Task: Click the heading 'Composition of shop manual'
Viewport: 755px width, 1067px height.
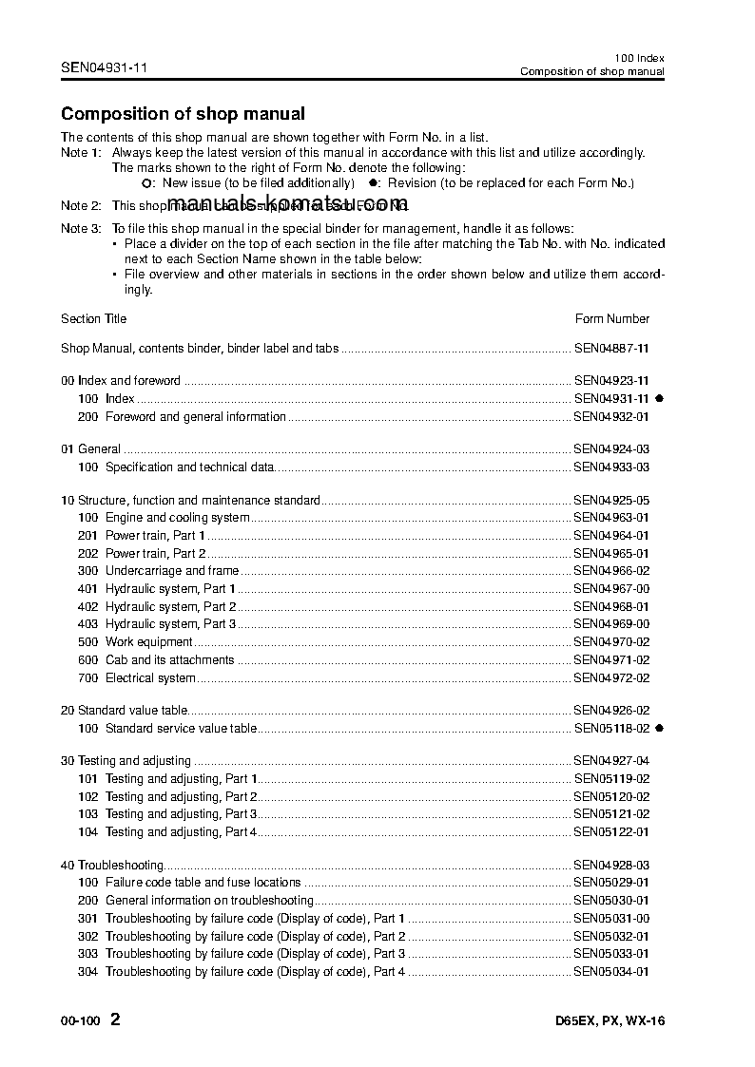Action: [183, 114]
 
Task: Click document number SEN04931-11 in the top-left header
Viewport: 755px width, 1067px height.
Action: [104, 67]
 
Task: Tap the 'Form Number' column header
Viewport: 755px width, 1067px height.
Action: [612, 319]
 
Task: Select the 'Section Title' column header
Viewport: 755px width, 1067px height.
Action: [93, 319]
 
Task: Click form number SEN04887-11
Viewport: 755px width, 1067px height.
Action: [611, 349]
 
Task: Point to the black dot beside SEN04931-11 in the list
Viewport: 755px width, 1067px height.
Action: [658, 399]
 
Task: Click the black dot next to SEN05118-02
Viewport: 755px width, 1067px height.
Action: [658, 729]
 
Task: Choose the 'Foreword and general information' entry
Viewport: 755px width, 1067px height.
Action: [195, 417]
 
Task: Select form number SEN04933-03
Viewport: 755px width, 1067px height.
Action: [611, 467]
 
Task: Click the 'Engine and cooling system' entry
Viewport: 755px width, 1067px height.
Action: [177, 518]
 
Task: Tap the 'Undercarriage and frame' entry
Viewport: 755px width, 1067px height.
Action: [171, 571]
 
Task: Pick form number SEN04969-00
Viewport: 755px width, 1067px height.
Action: [611, 624]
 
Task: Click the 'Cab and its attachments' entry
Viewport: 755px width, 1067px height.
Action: [169, 660]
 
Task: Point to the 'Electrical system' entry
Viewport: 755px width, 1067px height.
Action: [150, 678]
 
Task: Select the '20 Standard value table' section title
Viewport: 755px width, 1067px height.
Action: [125, 711]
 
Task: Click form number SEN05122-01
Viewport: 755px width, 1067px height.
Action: [611, 832]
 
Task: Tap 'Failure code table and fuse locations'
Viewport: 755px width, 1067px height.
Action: [203, 883]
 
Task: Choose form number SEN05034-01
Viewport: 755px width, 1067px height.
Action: [611, 972]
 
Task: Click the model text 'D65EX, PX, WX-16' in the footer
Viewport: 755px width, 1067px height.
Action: [610, 1022]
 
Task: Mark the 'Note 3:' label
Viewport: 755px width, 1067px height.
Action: [81, 229]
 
